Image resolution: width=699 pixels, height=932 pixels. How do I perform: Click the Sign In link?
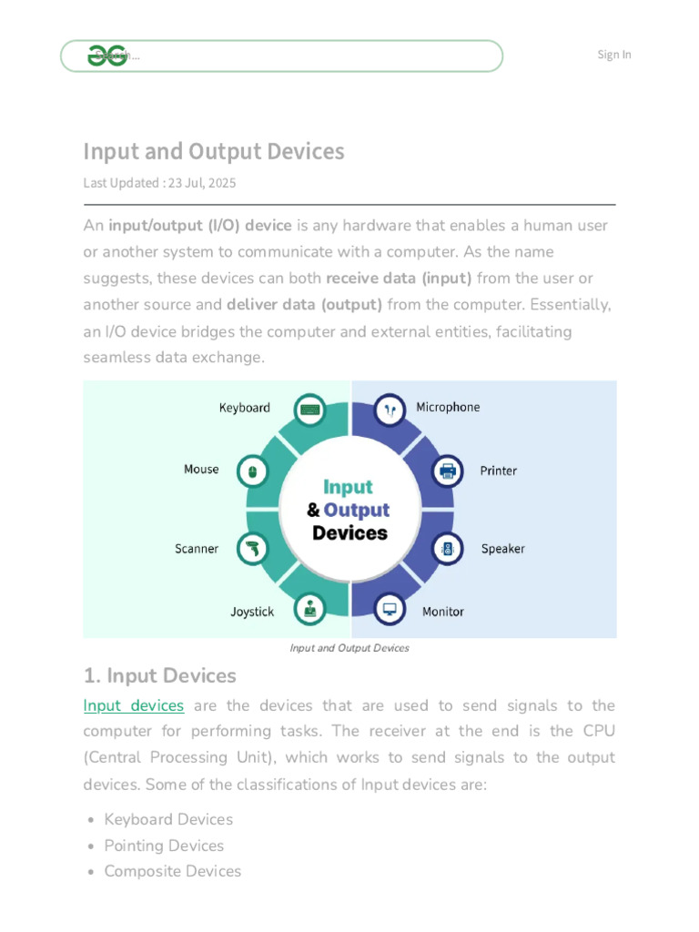click(613, 55)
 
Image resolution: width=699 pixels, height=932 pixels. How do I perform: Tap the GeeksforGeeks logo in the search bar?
click(106, 56)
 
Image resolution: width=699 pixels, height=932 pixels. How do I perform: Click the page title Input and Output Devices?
click(214, 151)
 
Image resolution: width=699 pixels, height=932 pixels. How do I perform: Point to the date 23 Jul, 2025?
click(201, 183)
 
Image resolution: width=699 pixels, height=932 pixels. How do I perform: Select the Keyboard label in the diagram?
click(244, 408)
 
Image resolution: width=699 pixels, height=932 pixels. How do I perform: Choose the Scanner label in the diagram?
click(197, 549)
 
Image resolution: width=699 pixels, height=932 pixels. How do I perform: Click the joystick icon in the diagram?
click(311, 609)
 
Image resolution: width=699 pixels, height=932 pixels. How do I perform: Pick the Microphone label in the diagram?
click(448, 407)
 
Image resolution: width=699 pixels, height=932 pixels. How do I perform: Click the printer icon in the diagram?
click(447, 471)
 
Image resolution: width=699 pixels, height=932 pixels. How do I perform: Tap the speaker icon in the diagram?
click(447, 549)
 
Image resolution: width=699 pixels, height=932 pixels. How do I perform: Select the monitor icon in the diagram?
click(390, 609)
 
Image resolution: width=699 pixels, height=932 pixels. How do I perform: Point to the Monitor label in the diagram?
click(443, 612)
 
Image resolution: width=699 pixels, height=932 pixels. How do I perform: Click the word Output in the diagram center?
click(357, 510)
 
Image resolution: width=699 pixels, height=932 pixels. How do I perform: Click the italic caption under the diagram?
click(349, 648)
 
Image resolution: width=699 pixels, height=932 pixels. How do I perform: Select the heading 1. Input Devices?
click(159, 676)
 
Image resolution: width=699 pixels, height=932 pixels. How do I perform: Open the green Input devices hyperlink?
click(133, 705)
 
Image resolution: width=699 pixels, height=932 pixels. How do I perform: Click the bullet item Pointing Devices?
click(164, 846)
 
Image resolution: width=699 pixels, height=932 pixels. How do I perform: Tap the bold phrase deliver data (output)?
click(304, 305)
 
